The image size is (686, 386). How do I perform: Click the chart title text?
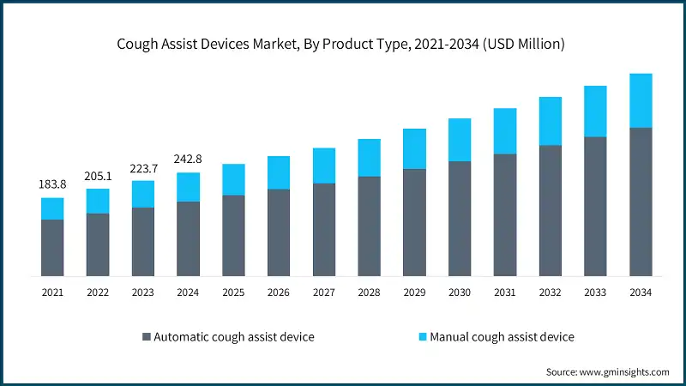pyautogui.click(x=342, y=45)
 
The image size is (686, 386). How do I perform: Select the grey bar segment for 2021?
pyautogui.click(x=52, y=247)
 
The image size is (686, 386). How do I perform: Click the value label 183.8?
pyautogui.click(x=52, y=184)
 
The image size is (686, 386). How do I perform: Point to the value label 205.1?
pyautogui.click(x=98, y=176)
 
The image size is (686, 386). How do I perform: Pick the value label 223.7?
pyautogui.click(x=143, y=167)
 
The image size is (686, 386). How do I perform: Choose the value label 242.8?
pyautogui.click(x=188, y=160)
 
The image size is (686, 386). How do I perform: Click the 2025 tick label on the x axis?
pyautogui.click(x=233, y=293)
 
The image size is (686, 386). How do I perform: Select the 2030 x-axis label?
pyautogui.click(x=460, y=293)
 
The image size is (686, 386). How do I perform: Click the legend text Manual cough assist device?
pyautogui.click(x=502, y=337)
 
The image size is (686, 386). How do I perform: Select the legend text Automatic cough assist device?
pyautogui.click(x=233, y=337)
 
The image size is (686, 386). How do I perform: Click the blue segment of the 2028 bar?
pyautogui.click(x=369, y=158)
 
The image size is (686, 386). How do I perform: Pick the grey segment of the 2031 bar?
pyautogui.click(x=505, y=214)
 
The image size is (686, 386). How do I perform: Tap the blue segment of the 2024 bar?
pyautogui.click(x=188, y=187)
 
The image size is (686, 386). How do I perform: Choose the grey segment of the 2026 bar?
pyautogui.click(x=279, y=232)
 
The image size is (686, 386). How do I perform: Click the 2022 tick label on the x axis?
pyautogui.click(x=98, y=293)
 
